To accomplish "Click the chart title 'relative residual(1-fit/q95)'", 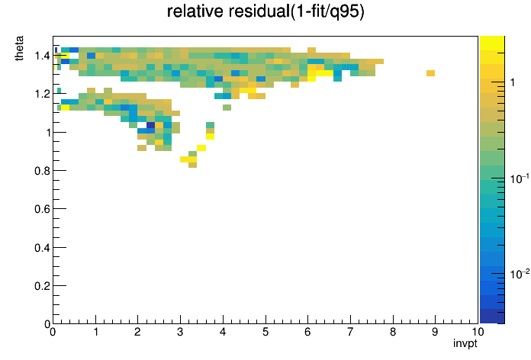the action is coord(265,11).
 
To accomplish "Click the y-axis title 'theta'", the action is coord(19,48).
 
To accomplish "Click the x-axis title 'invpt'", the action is coord(465,343).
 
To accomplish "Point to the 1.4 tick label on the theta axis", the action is coord(42,56).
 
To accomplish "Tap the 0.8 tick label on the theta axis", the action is coord(42,171).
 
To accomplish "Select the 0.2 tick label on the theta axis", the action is coord(42,286).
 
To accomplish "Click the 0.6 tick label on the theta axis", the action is coord(42,209).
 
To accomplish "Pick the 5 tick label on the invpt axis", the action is coord(265,332).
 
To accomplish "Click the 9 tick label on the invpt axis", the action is coord(435,332).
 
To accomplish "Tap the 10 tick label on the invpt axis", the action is coord(478,332).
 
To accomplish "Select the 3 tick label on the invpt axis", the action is coord(180,332).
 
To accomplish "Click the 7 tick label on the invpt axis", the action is coord(350,332).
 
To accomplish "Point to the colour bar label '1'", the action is coord(513,82).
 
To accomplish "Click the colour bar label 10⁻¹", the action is coord(520,178).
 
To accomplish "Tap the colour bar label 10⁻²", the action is coord(520,274).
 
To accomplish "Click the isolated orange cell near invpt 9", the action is coord(430,73).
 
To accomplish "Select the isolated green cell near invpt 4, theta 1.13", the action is coord(227,108).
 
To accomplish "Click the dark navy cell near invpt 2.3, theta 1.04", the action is coord(150,125).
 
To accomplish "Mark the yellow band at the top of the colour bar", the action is coord(492,43).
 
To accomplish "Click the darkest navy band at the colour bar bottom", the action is coord(492,317).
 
